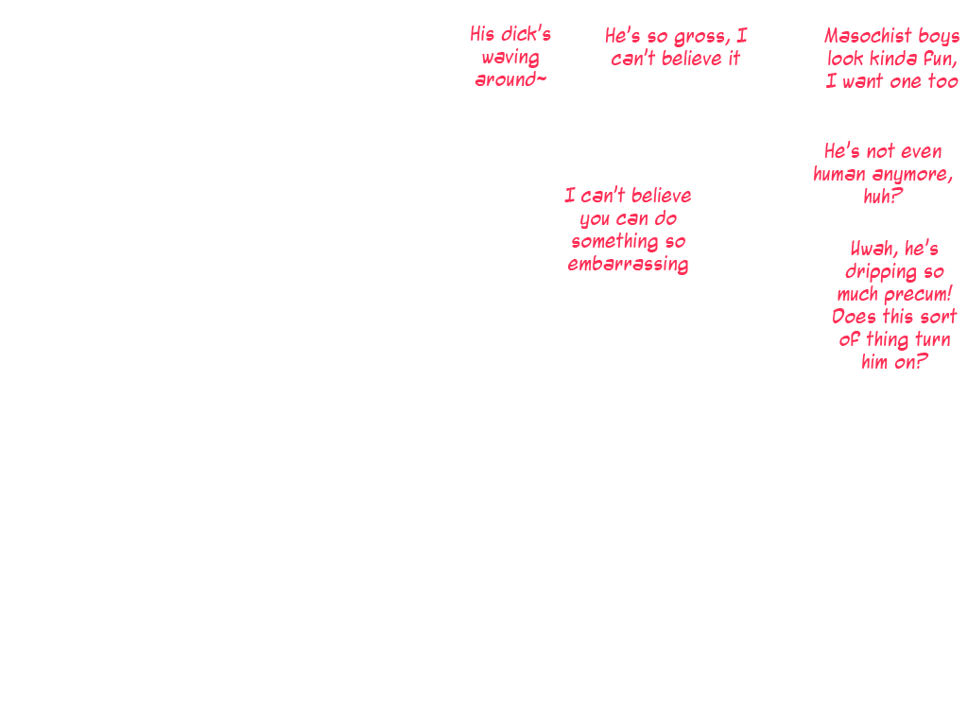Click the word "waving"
coord(510,58)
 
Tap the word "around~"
coord(510,80)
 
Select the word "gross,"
coord(700,37)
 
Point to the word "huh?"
coord(883,197)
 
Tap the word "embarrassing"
coord(628,265)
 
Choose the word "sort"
coord(937,317)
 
